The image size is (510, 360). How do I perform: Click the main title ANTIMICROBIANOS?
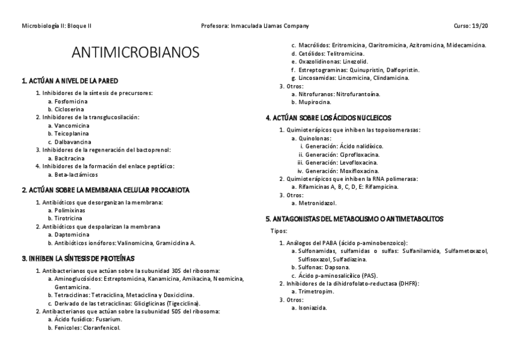click(135, 53)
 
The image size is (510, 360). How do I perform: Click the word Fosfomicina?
click(70, 102)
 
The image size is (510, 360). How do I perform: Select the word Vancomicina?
click(72, 126)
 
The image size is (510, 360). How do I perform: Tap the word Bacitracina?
click(70, 158)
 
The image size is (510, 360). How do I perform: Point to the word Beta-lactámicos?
click(76, 174)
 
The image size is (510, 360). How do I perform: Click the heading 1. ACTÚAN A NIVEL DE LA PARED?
click(70, 81)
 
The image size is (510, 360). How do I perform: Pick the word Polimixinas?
click(70, 211)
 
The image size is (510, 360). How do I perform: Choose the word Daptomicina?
click(72, 235)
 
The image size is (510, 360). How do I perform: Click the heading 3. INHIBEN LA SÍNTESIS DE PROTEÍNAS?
click(78, 258)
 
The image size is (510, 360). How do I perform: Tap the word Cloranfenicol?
click(102, 328)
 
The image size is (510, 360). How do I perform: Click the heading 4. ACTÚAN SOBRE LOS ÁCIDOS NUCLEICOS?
click(328, 118)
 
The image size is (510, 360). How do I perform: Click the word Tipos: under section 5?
click(280, 231)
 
